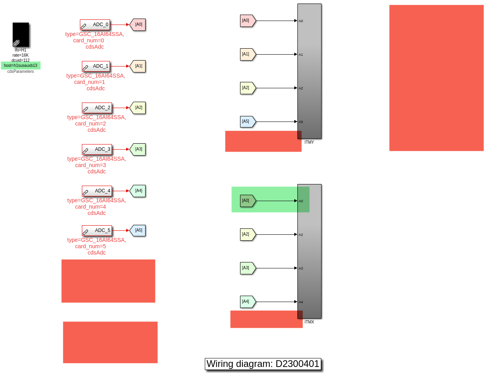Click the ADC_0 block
coord(95,25)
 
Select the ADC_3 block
coord(97,150)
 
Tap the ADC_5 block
coord(97,230)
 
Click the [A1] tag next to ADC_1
coord(138,66)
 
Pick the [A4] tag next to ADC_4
coord(138,191)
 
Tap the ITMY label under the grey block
coord(309,142)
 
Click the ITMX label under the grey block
coord(309,322)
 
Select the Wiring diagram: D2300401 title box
coord(263,364)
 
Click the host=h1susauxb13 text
coord(21,66)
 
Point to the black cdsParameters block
coord(21,35)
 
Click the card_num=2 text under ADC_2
coord(91,124)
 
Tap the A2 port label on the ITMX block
coord(301,235)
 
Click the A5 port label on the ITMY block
coord(301,122)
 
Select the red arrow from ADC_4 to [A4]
coord(121,191)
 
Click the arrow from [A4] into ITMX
coord(276,302)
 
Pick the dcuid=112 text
coord(21,61)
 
